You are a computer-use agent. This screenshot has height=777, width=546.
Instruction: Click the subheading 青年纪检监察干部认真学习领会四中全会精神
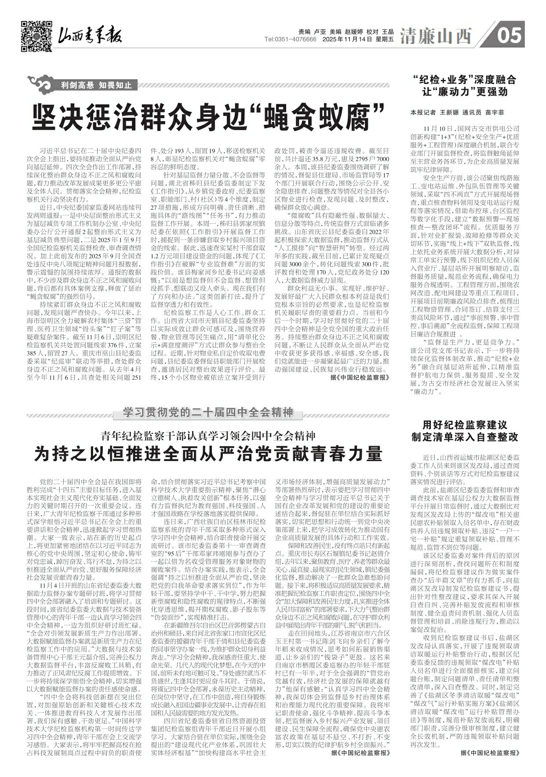pyautogui.click(x=208, y=436)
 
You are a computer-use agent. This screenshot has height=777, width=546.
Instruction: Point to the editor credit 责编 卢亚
pyautogui.click(x=308, y=32)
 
